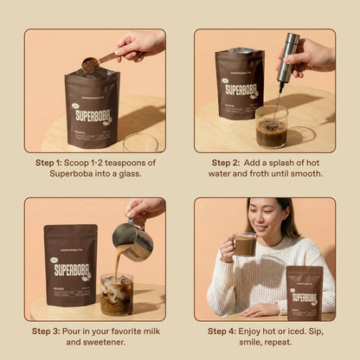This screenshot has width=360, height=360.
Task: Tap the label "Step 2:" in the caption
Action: [228, 162]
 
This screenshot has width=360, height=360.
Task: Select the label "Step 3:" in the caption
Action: [50, 331]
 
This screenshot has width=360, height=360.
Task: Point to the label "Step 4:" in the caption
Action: [225, 331]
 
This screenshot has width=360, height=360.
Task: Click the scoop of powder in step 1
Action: [90, 64]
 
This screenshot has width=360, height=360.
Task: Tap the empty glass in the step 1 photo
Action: [139, 142]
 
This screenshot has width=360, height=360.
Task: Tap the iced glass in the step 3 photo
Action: [116, 294]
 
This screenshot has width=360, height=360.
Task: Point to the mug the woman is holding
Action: [245, 245]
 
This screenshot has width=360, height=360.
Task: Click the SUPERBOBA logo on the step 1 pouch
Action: [92, 114]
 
